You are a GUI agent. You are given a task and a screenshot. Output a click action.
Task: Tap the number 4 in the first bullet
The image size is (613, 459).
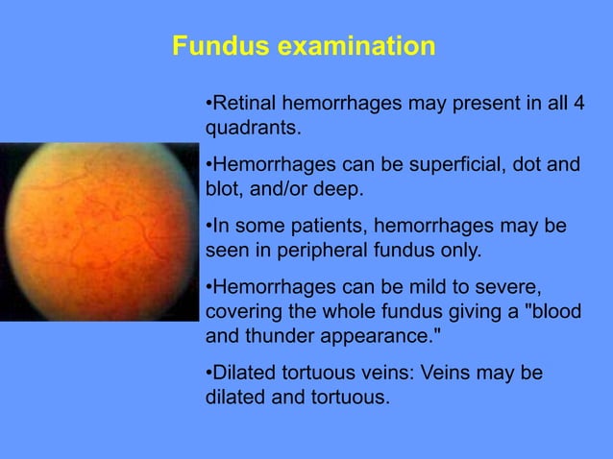pos(578,103)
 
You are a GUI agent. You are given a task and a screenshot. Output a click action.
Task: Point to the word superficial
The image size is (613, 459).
pos(449,165)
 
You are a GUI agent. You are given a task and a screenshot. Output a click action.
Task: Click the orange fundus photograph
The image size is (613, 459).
pos(96,230)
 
